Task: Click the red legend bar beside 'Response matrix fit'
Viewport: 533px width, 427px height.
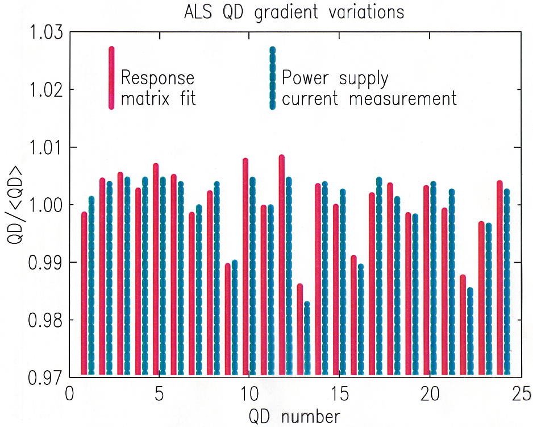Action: pos(111,77)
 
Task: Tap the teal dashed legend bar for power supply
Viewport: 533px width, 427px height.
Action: pos(273,78)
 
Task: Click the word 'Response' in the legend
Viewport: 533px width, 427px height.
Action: pos(158,78)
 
